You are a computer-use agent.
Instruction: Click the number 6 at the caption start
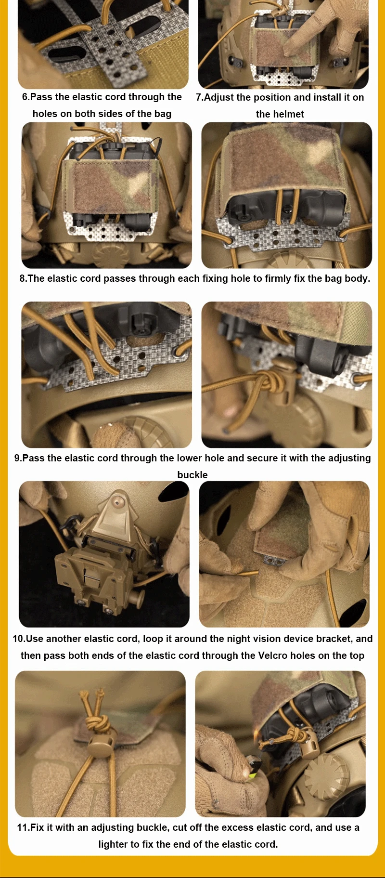pyautogui.click(x=25, y=97)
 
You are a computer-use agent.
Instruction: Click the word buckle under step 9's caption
pyautogui.click(x=192, y=475)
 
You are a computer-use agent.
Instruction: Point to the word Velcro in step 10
pyautogui.click(x=274, y=655)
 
